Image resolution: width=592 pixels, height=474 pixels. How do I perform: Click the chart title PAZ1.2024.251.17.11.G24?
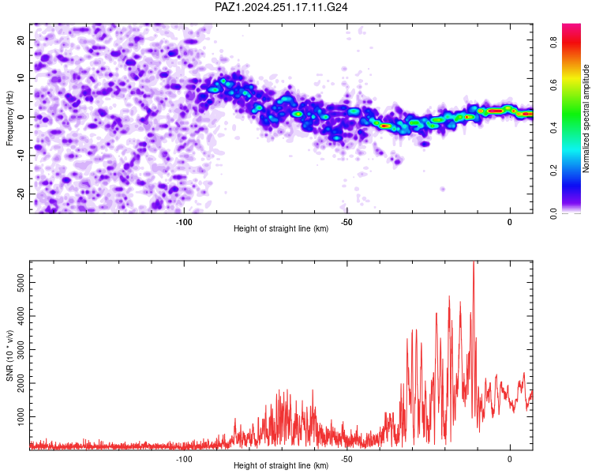[x=281, y=7]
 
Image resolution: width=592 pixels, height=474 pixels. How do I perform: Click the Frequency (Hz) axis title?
[x=9, y=118]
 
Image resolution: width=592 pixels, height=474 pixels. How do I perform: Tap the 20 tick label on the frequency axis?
[x=21, y=40]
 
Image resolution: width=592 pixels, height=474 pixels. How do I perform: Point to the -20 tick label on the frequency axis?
[x=21, y=194]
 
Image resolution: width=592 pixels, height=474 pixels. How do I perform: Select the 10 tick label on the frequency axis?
[x=21, y=78]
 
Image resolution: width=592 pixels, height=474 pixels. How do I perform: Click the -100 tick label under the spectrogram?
[x=184, y=222]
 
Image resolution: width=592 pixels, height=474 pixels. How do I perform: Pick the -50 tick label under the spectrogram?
[x=347, y=222]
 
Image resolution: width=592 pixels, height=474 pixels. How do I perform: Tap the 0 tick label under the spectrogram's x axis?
[x=510, y=222]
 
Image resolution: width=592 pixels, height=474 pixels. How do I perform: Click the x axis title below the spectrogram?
[x=281, y=228]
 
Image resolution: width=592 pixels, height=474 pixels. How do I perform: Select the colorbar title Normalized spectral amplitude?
[x=586, y=118]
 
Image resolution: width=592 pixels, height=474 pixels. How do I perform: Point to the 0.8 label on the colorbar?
[x=553, y=42]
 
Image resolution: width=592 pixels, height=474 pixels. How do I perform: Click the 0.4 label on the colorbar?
[x=553, y=128]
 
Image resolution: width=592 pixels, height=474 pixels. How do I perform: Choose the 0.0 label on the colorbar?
[x=553, y=213]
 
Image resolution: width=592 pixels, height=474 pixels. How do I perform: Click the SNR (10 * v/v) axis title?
[x=9, y=355]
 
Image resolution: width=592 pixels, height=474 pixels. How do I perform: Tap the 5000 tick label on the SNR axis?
[x=21, y=283]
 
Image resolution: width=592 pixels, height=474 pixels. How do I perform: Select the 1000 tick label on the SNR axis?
[x=21, y=417]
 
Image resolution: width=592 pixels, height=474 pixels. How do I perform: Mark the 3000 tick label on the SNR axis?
[x=21, y=350]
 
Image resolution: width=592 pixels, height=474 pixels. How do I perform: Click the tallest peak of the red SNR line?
[x=474, y=261]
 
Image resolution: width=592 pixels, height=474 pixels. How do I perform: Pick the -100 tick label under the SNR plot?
[x=184, y=459]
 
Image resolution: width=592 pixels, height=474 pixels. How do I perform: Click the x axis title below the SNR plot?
[x=281, y=465]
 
